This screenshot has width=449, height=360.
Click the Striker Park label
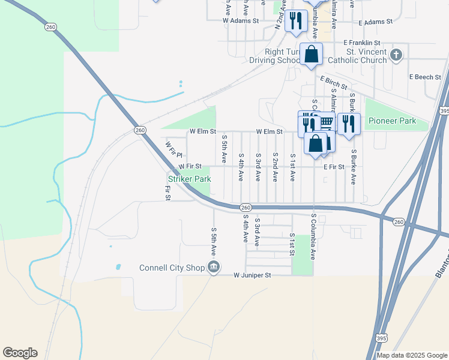(189, 179)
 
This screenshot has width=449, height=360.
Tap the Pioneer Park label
(392, 121)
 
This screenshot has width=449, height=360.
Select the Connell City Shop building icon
(213, 267)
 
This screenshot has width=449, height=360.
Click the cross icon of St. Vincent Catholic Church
(395, 56)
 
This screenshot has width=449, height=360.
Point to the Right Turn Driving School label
(276, 56)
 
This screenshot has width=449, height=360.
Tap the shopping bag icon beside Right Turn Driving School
(312, 55)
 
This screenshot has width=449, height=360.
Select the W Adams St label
(240, 20)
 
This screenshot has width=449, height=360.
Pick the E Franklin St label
(362, 43)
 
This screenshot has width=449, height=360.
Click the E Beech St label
(425, 77)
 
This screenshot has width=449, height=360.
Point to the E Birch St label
(333, 82)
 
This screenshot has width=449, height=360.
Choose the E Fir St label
(333, 166)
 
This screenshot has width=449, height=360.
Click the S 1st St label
(292, 243)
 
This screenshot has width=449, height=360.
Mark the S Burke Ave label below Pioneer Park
(354, 167)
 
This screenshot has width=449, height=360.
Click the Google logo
(20, 353)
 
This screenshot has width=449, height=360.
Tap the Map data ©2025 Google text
(412, 355)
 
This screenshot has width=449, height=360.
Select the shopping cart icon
(326, 122)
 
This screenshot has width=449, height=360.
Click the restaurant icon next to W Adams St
(295, 21)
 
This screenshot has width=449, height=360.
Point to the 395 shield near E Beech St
(444, 112)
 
